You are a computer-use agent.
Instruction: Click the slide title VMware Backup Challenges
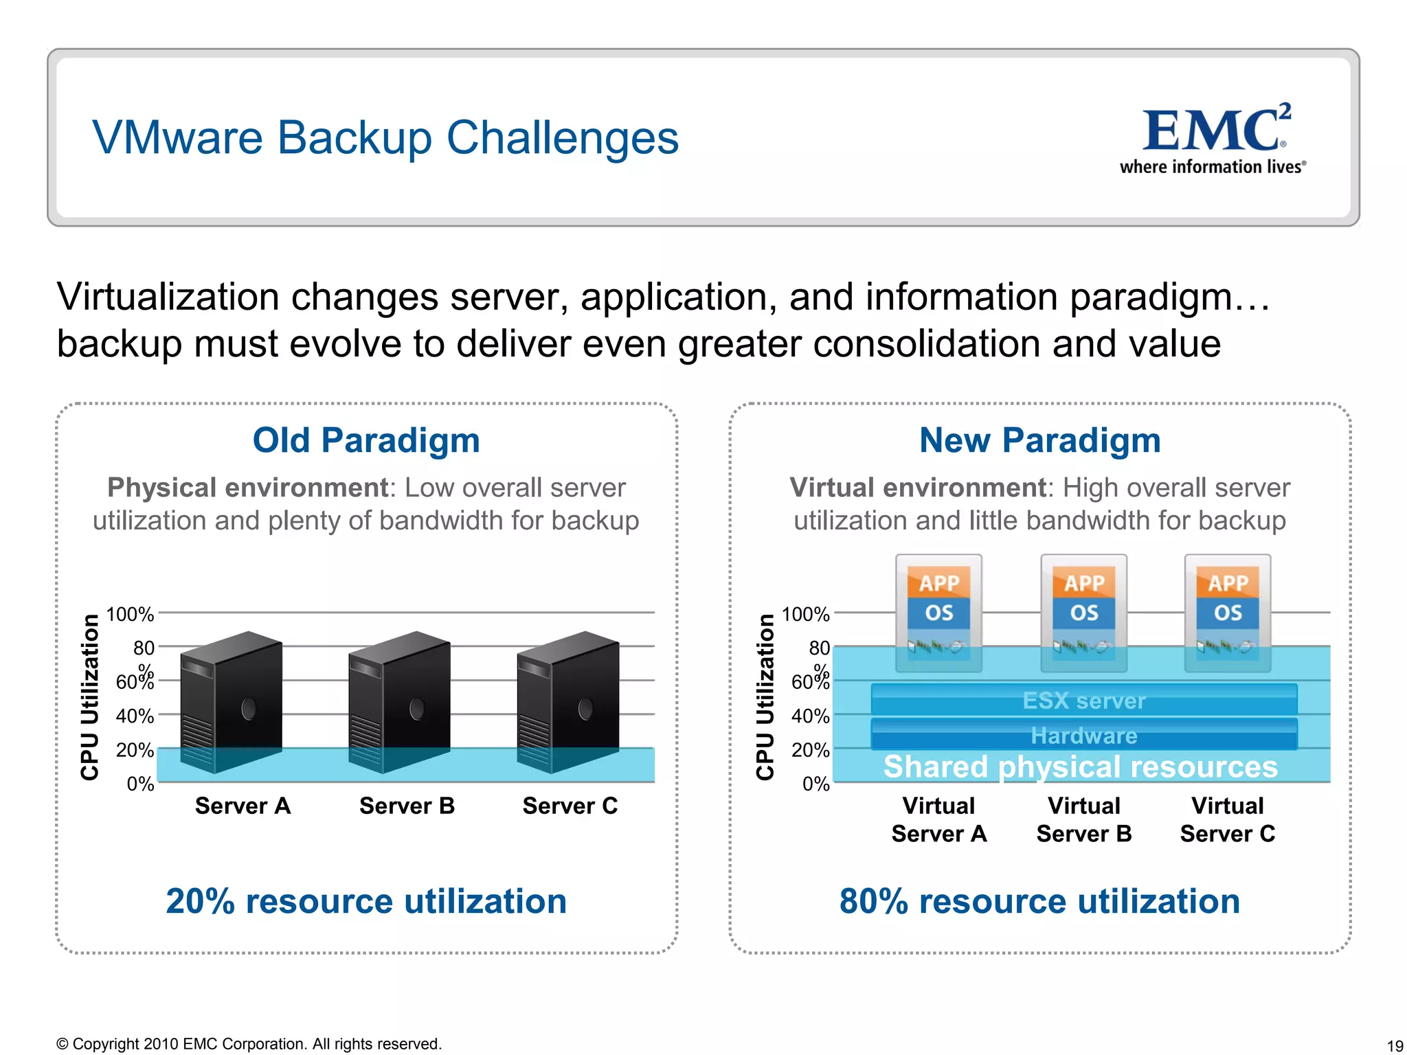point(385,137)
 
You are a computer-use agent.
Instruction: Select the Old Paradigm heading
point(366,440)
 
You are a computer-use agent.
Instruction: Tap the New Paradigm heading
point(1040,440)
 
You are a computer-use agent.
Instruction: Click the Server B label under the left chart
point(407,806)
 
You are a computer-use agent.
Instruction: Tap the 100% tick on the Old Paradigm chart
point(130,613)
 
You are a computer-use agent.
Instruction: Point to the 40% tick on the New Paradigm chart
point(810,716)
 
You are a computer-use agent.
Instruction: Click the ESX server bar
point(1084,700)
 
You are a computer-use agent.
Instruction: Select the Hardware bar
point(1084,735)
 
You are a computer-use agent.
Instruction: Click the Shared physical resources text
point(1081,767)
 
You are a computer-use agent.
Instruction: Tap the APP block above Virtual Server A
point(939,582)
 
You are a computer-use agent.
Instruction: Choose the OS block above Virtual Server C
point(1228,612)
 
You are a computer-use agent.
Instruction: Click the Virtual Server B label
point(1084,819)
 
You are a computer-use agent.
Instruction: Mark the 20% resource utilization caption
point(366,901)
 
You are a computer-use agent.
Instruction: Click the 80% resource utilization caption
point(1039,901)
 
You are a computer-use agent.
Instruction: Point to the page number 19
point(1395,1046)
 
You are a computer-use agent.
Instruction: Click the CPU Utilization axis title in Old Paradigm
point(90,697)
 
